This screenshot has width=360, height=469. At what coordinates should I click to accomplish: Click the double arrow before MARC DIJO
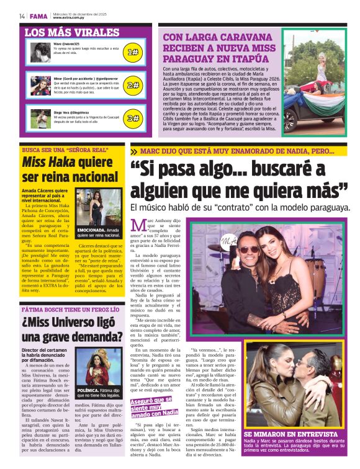[x=133, y=151]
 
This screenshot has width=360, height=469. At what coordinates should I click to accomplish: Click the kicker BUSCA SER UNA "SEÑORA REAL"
[x=65, y=150]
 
